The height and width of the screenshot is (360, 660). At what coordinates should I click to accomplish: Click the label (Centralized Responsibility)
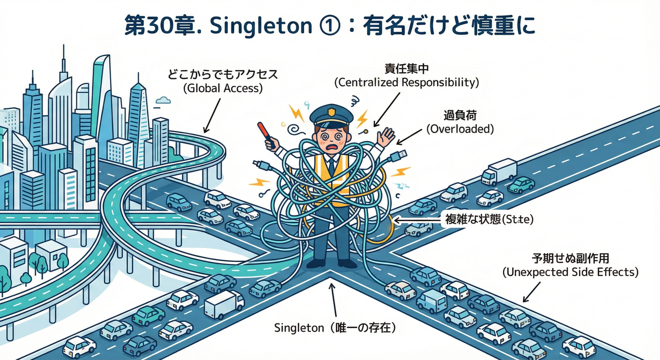click(406, 83)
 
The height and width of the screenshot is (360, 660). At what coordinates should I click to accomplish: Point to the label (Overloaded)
click(460, 129)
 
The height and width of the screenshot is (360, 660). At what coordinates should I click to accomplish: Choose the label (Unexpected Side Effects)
click(570, 272)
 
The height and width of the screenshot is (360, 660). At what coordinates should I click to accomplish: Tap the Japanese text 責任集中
click(406, 69)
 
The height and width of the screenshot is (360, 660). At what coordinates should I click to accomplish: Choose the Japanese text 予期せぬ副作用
click(570, 258)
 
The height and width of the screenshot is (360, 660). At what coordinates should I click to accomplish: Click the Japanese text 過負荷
click(460, 115)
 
